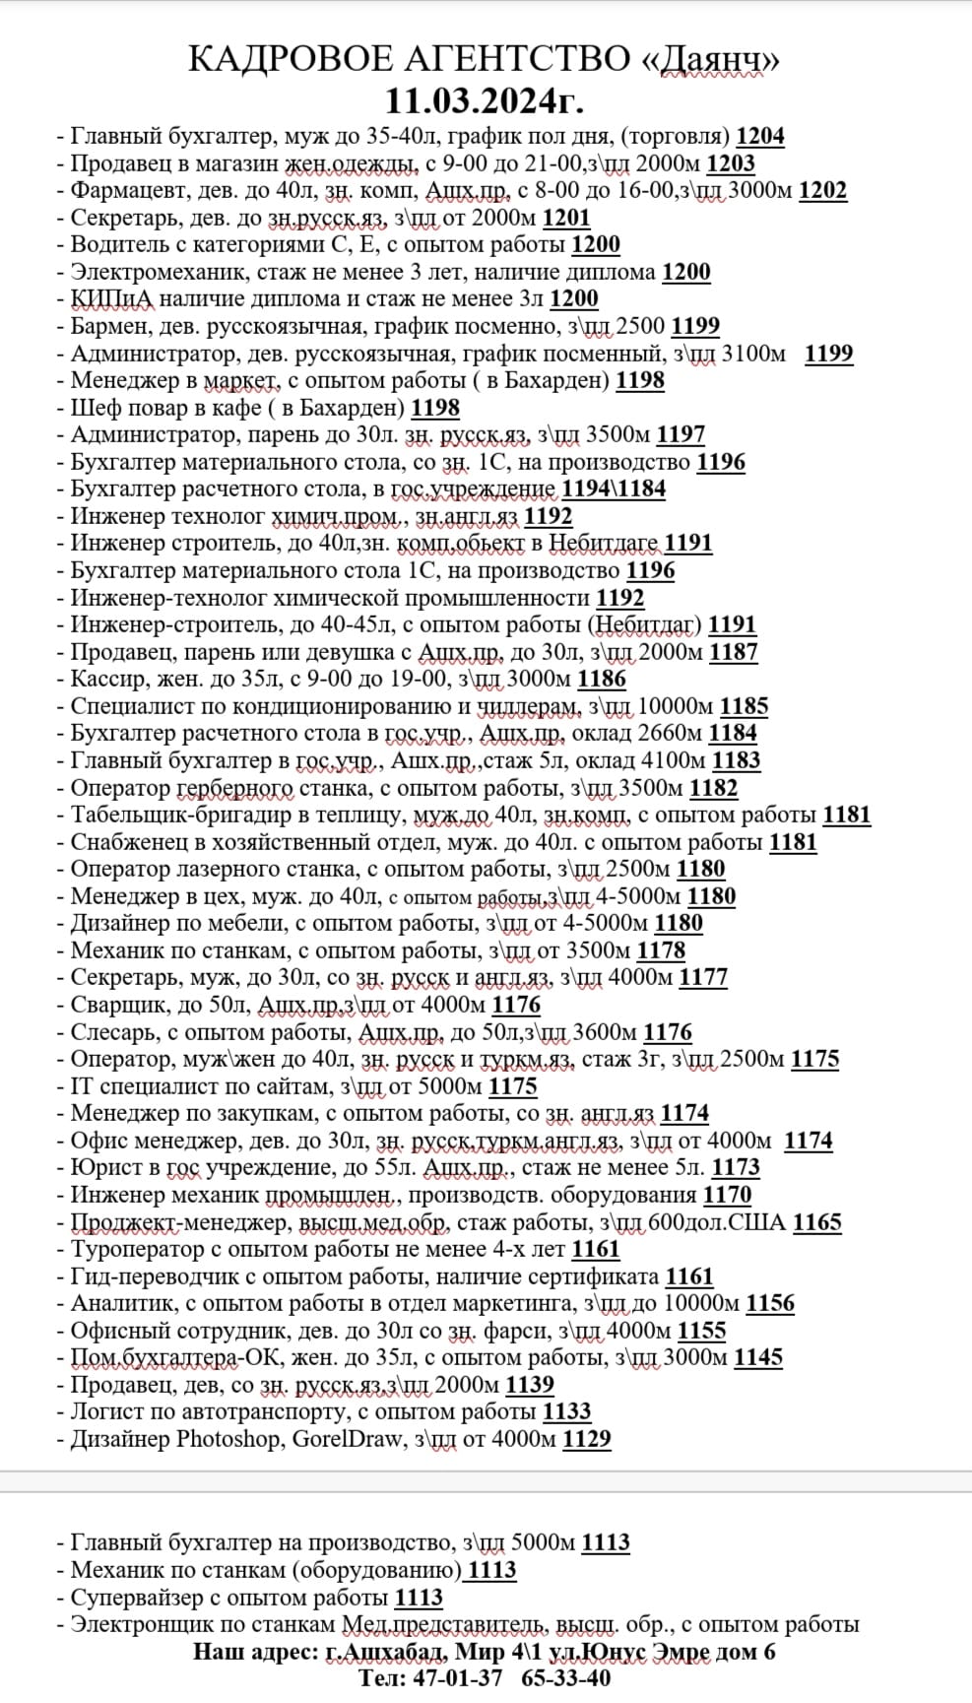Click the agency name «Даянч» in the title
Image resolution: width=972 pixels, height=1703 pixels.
coord(710,60)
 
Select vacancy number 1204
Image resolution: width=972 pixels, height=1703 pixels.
coord(760,137)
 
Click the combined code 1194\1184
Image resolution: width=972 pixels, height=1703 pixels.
coord(614,490)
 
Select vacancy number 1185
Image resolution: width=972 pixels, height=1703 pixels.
coord(744,706)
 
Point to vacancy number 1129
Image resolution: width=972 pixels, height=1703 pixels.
coord(586,1439)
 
